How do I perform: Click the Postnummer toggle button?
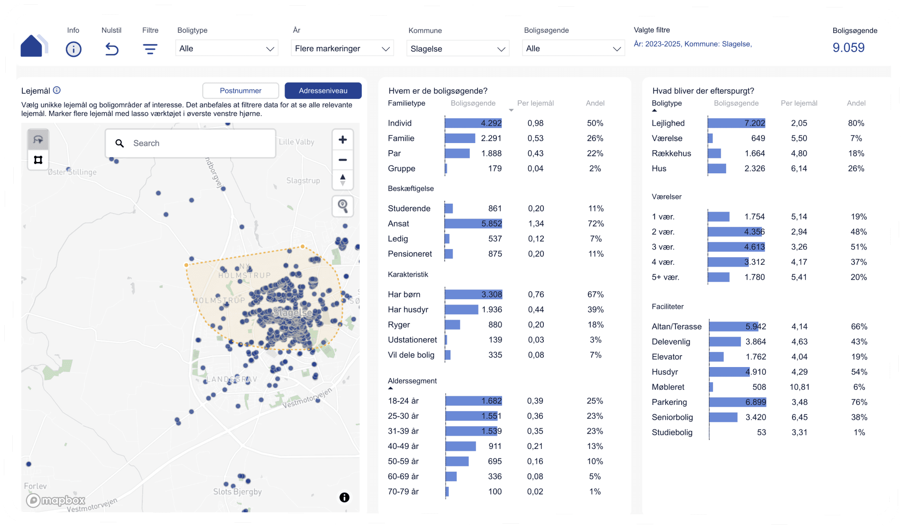pyautogui.click(x=240, y=90)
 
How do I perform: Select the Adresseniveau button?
pyautogui.click(x=323, y=90)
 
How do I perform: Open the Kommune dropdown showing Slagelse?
pyautogui.click(x=458, y=48)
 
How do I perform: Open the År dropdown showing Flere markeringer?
pyautogui.click(x=342, y=48)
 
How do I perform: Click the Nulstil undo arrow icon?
pyautogui.click(x=112, y=49)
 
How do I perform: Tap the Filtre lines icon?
pyautogui.click(x=150, y=49)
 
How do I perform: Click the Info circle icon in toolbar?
pyautogui.click(x=73, y=49)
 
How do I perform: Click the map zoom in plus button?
pyautogui.click(x=342, y=140)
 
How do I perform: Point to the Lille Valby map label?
pyautogui.click(x=297, y=142)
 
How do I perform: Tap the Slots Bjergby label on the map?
pyautogui.click(x=237, y=492)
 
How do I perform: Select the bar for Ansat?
pyautogui.click(x=473, y=224)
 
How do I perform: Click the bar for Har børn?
pyautogui.click(x=473, y=295)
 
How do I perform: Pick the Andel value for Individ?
pyautogui.click(x=595, y=123)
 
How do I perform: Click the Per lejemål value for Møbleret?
pyautogui.click(x=800, y=387)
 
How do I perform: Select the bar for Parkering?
pyautogui.click(x=738, y=402)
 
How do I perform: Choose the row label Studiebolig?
pyautogui.click(x=672, y=432)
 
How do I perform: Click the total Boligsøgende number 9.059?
pyautogui.click(x=848, y=47)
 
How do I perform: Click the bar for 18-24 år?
pyautogui.click(x=474, y=401)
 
